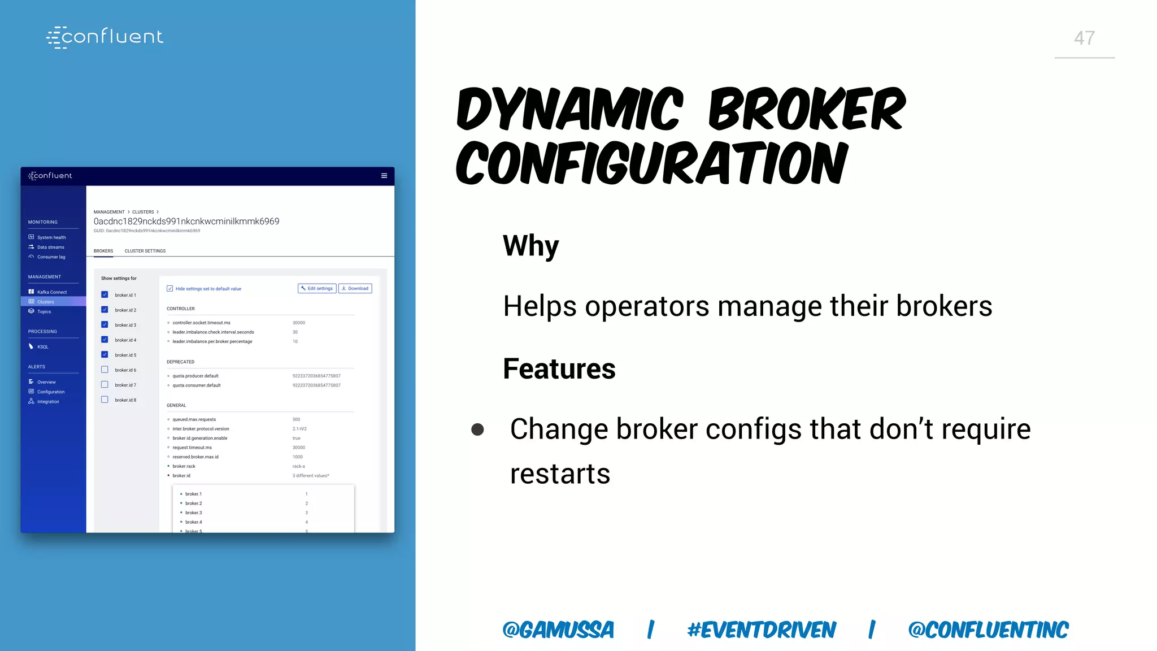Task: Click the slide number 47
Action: [1084, 38]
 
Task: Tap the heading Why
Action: [530, 246]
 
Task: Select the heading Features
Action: [559, 369]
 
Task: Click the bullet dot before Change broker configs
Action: [477, 430]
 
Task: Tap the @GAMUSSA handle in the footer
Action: [558, 630]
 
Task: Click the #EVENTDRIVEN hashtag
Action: [761, 630]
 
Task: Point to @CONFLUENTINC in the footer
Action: [988, 630]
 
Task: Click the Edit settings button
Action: [317, 289]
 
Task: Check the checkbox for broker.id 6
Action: [105, 370]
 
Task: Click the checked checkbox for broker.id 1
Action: [105, 294]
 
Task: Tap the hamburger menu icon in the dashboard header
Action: [384, 176]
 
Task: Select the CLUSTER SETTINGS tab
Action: [145, 251]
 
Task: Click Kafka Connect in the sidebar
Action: [51, 292]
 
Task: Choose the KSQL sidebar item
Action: [42, 347]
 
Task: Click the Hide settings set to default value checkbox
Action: [169, 289]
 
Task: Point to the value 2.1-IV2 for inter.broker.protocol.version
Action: [299, 429]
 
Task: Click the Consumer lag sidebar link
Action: [51, 257]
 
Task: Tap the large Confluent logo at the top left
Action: [105, 37]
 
